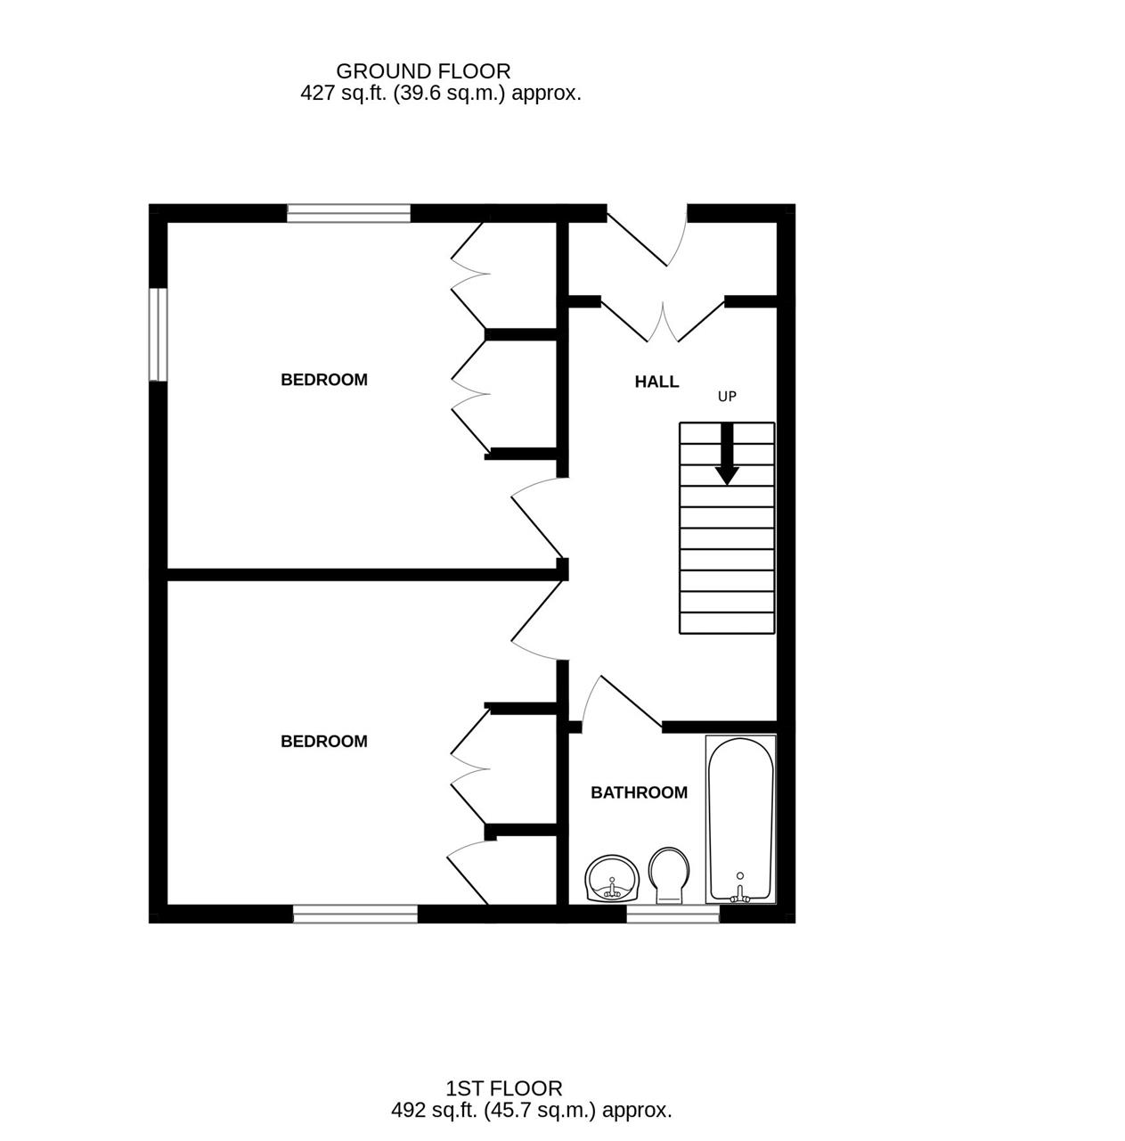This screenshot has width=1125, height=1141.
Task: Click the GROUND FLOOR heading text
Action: click(423, 71)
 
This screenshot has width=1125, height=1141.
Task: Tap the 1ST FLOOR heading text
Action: click(504, 1088)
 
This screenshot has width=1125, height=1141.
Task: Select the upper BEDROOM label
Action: click(324, 380)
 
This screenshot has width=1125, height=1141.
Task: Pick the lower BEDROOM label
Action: click(324, 742)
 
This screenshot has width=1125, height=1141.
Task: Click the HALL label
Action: click(656, 382)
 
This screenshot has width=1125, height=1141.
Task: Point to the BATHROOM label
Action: click(639, 792)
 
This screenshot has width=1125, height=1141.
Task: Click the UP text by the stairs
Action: click(727, 397)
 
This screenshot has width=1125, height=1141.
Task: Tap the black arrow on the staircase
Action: click(727, 455)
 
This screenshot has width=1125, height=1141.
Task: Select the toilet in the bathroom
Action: click(670, 874)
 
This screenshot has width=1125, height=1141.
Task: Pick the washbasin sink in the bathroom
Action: click(612, 879)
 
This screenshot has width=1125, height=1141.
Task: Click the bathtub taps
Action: click(739, 894)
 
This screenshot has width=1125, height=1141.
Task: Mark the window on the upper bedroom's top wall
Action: click(348, 213)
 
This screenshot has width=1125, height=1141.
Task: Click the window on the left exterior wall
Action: click(158, 334)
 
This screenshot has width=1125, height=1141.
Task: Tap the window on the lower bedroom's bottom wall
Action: click(355, 914)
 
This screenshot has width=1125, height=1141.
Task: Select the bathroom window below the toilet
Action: click(673, 914)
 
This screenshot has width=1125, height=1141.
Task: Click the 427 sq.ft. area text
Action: click(441, 93)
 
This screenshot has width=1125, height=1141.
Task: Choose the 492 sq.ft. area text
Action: click(532, 1111)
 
